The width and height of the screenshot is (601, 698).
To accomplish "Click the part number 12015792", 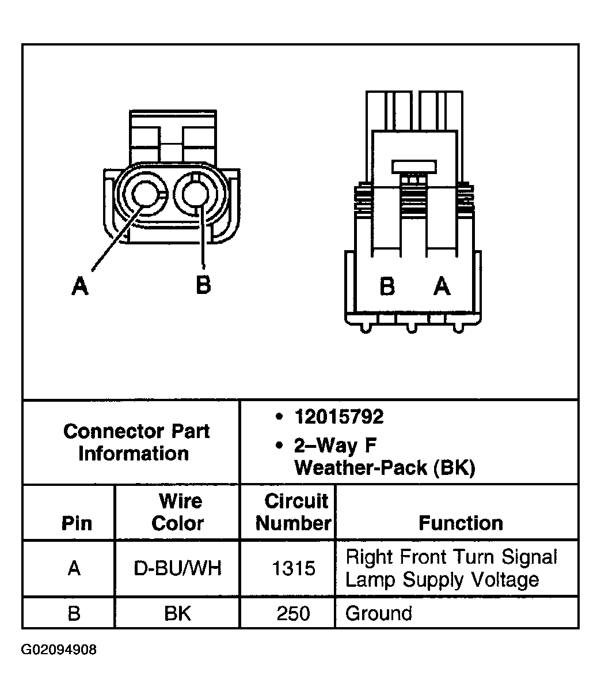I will (338, 417).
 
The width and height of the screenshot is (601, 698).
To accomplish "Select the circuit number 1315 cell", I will (294, 569).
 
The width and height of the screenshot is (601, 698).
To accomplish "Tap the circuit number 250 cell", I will (294, 613).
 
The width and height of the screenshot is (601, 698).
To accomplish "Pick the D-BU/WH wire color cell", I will (177, 569).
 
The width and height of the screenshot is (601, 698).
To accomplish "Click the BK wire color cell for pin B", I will (177, 613).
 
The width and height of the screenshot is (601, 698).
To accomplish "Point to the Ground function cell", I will (379, 613).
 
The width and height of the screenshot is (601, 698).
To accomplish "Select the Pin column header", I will (76, 523).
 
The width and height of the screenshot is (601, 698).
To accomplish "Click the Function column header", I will (461, 523).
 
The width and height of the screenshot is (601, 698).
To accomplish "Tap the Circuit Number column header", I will (294, 512).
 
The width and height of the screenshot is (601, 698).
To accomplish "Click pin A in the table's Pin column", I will (74, 569).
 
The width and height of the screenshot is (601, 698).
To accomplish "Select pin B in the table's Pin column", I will (74, 613).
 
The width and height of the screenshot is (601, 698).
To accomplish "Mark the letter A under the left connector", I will (80, 285).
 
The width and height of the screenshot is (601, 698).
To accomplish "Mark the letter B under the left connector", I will (203, 284).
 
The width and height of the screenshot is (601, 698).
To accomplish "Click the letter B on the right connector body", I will (387, 286).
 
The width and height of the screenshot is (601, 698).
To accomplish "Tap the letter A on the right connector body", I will (442, 285).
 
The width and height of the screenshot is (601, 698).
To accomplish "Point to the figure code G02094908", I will (59, 650).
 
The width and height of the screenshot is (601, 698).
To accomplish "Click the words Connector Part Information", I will (136, 442).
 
